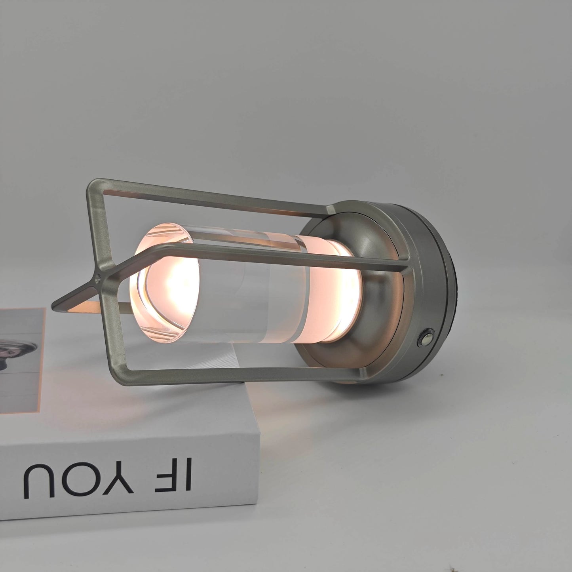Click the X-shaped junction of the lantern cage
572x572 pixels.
click(x=98, y=272)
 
